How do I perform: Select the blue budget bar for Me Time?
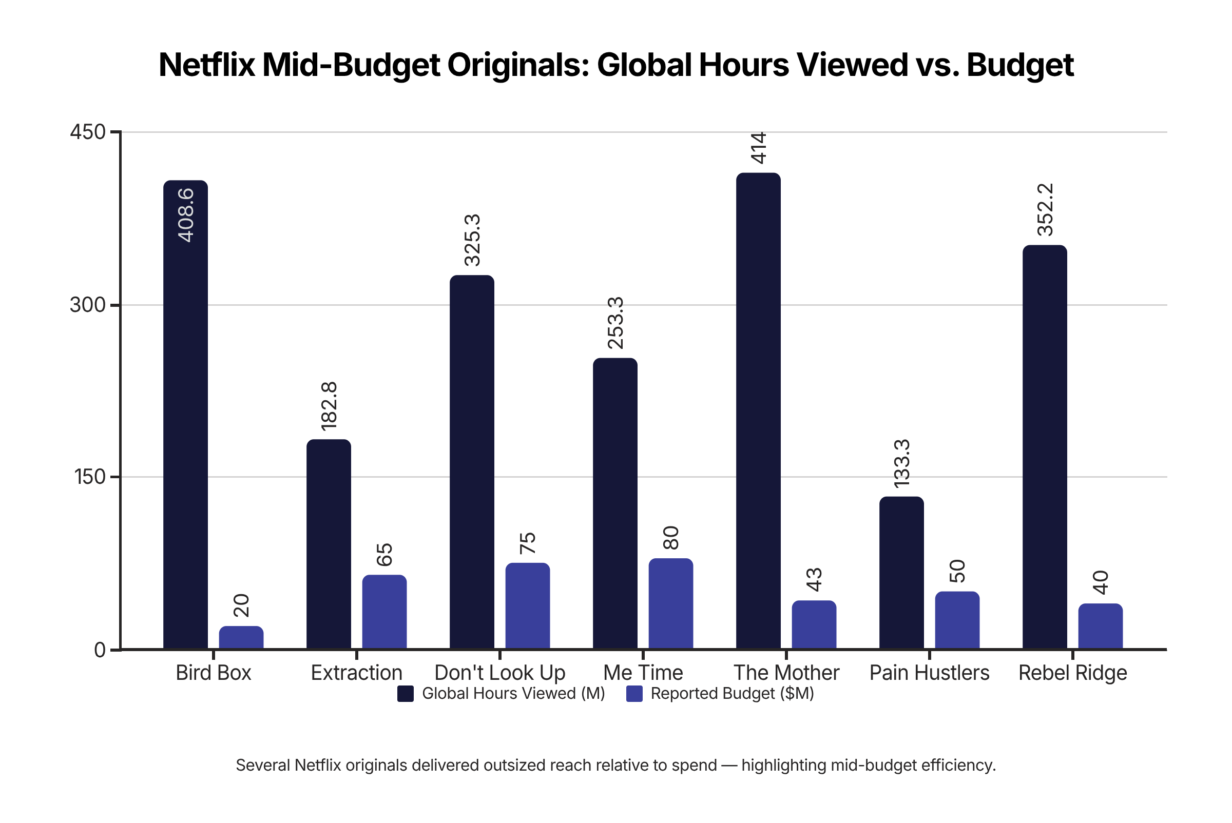670,603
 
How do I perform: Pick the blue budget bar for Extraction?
384,612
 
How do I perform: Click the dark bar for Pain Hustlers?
901,573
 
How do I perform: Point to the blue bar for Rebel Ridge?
1100,626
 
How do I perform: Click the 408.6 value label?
186,215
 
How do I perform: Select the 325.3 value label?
472,240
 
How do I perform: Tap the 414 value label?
758,148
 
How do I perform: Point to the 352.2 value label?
1045,209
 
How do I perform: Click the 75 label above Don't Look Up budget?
527,543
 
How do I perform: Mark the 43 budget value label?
814,579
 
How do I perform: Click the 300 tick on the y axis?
88,305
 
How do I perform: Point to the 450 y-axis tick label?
88,132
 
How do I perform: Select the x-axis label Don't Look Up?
499,673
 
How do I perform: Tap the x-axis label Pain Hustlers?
929,673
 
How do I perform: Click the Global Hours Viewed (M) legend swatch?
406,694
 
